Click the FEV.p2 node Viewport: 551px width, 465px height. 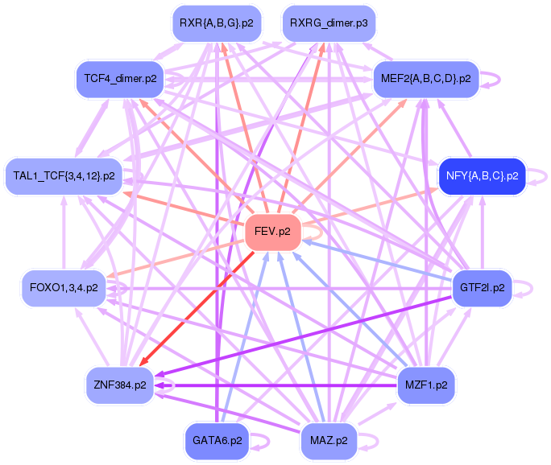(272, 232)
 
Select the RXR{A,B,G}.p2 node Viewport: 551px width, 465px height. (216, 23)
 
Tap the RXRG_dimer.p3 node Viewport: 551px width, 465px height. (329, 23)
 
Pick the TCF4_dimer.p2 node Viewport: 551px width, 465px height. (120, 79)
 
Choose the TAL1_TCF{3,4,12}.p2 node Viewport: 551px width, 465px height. (64, 175)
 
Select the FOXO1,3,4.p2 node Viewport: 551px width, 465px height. (64, 287)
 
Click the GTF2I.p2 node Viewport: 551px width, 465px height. (482, 287)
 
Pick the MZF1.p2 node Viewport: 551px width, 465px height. (426, 385)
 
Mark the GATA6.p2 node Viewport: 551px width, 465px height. (216, 441)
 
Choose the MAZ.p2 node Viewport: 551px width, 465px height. (329, 441)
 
